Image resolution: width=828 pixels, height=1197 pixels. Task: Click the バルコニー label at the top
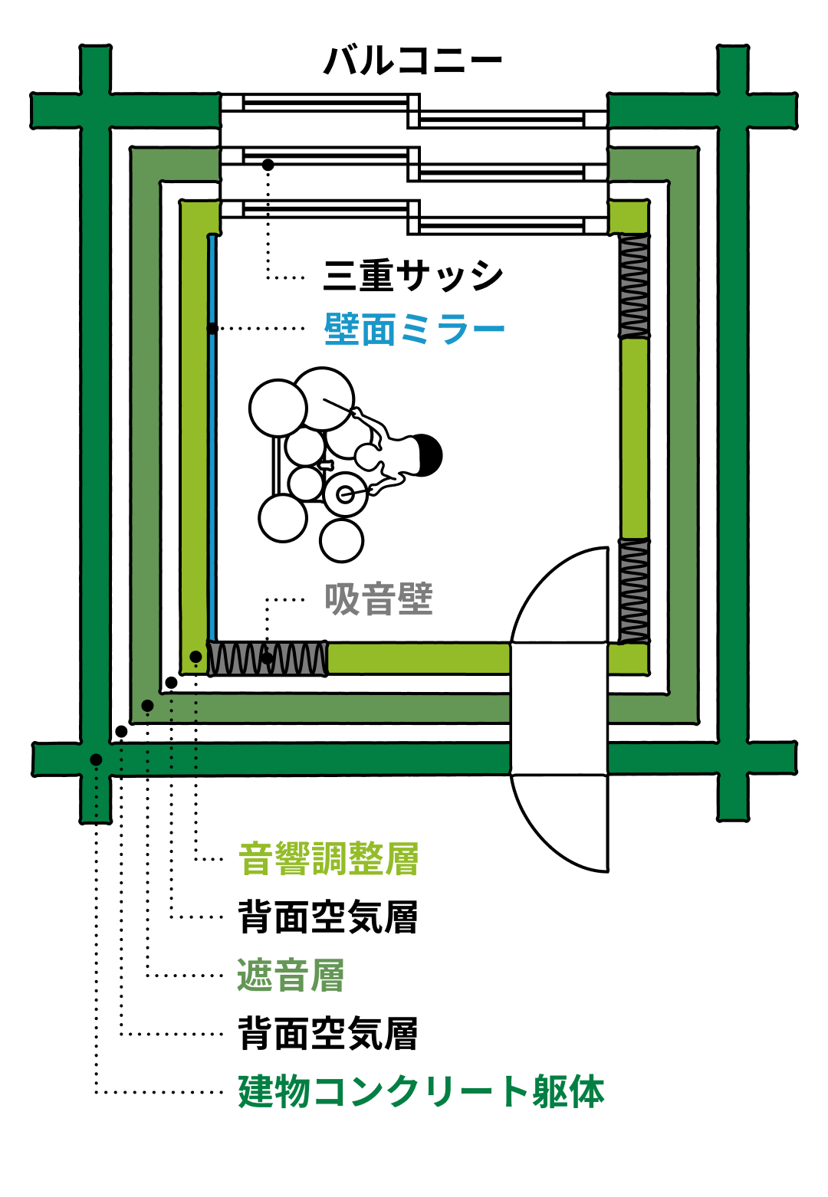click(x=412, y=61)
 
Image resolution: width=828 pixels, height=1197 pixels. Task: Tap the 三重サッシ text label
click(x=412, y=275)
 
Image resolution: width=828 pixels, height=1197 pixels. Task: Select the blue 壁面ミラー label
click(x=414, y=330)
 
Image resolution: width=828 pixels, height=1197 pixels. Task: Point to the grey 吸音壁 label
click(x=379, y=599)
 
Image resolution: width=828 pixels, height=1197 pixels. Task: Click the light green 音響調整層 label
click(x=328, y=859)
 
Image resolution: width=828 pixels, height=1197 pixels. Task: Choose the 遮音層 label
click(x=291, y=976)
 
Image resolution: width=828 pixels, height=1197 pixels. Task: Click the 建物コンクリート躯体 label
click(x=421, y=1091)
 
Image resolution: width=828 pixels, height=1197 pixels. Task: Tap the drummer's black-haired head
click(x=427, y=455)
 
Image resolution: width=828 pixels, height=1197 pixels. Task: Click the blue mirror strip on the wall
click(x=212, y=460)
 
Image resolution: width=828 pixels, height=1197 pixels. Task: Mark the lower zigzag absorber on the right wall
click(x=634, y=591)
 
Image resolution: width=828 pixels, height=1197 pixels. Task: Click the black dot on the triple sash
click(x=268, y=165)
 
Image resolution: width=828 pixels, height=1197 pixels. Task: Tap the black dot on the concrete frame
click(x=96, y=759)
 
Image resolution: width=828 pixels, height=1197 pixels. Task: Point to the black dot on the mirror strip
click(x=212, y=329)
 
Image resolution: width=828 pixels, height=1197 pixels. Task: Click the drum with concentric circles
click(x=345, y=494)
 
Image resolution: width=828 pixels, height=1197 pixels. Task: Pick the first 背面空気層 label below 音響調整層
click(x=328, y=917)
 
